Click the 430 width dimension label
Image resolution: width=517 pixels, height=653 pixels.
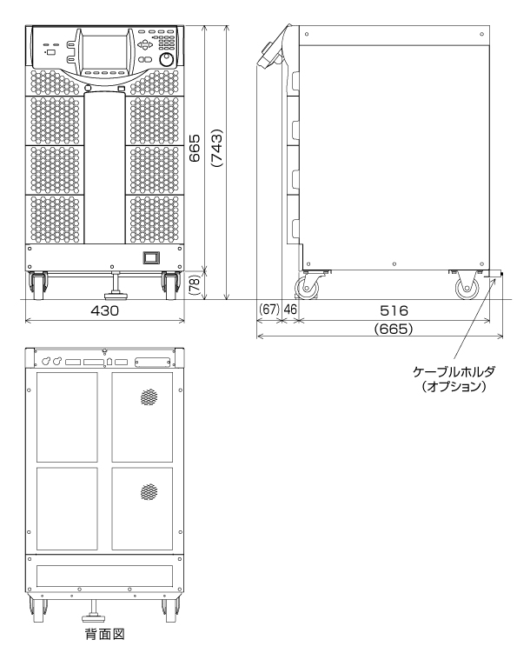(104, 310)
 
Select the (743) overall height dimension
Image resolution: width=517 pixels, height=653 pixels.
(217, 148)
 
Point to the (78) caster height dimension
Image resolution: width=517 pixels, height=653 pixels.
(195, 285)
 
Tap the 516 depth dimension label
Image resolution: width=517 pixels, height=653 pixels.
(394, 310)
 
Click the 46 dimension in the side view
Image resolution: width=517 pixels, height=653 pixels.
(290, 310)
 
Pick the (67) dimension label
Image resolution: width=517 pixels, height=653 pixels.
(268, 310)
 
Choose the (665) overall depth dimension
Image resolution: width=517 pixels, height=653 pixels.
(394, 329)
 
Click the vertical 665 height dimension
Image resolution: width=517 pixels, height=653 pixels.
(195, 148)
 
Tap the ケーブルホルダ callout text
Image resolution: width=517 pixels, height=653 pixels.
(454, 371)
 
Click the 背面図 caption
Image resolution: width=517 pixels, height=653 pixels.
(105, 634)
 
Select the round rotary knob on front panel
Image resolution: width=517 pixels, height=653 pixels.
(167, 59)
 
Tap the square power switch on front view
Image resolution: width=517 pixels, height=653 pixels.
(150, 257)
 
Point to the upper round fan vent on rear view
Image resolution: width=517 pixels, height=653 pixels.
(149, 397)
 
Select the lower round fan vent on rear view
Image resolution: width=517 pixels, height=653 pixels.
(149, 492)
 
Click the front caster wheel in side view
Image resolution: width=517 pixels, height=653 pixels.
(308, 288)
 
